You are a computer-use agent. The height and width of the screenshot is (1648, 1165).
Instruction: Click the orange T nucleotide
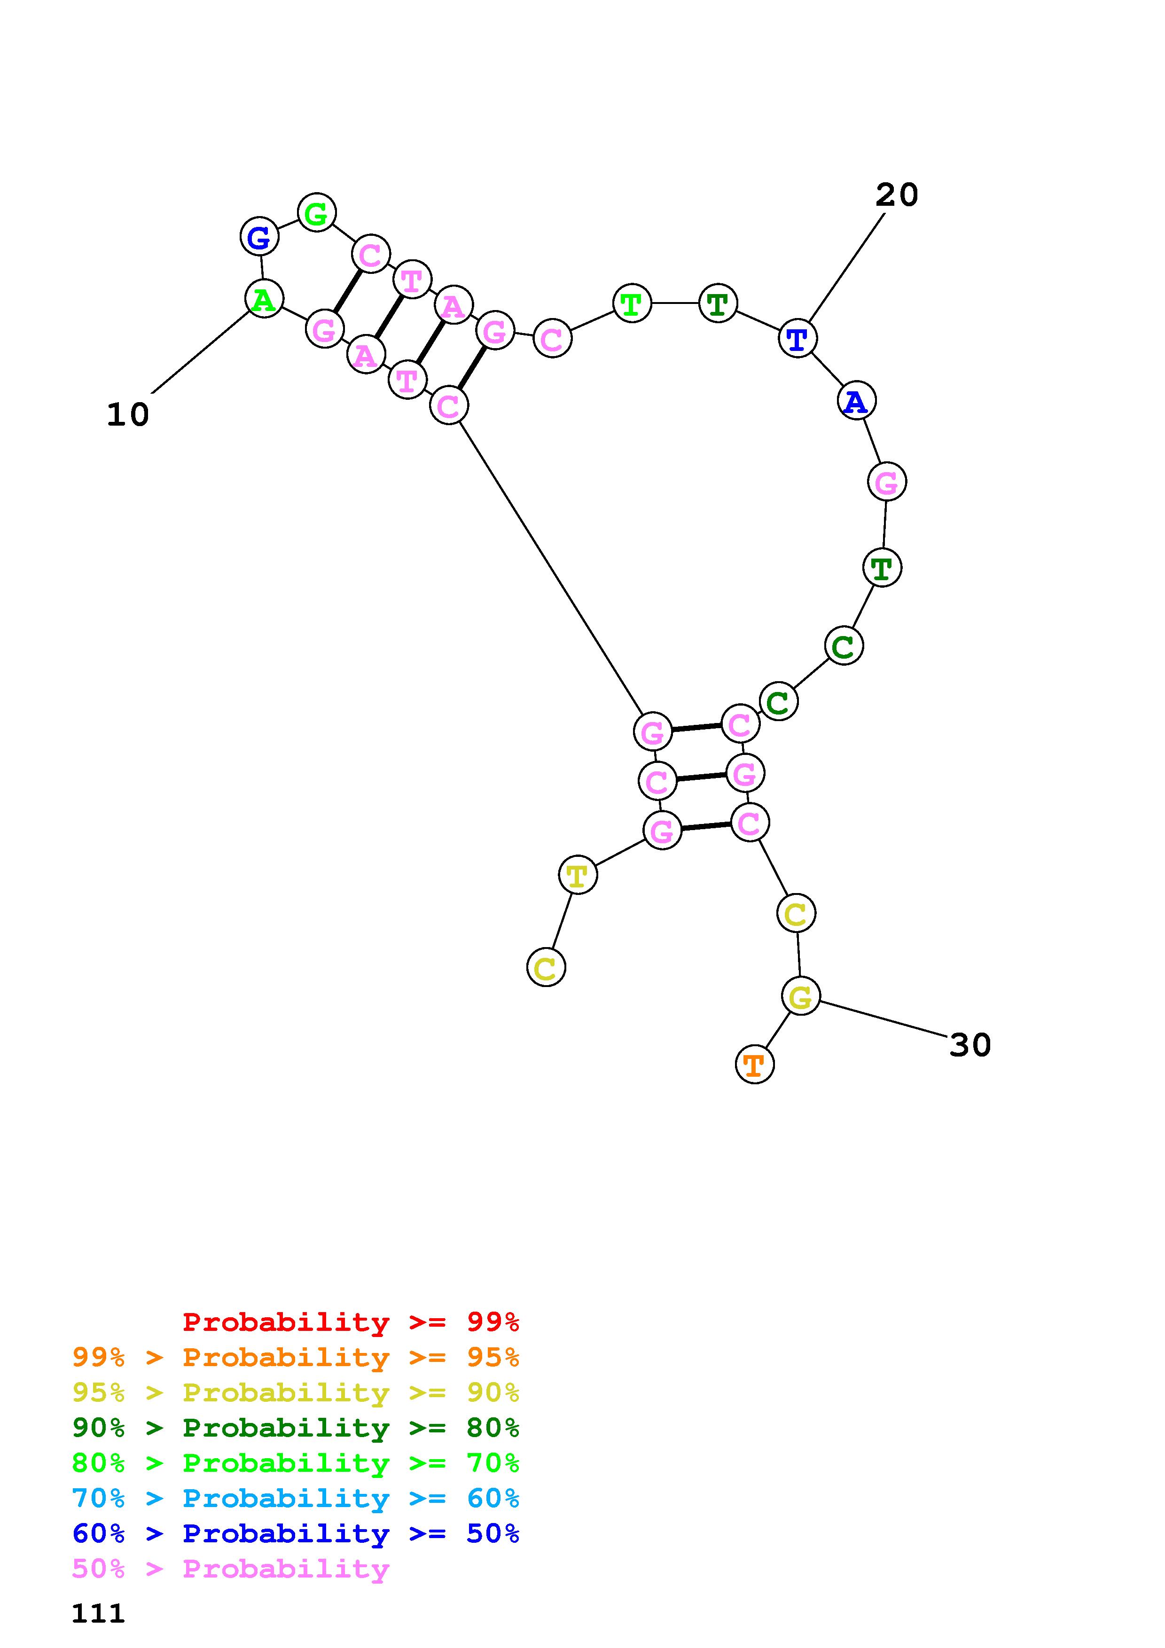(754, 1065)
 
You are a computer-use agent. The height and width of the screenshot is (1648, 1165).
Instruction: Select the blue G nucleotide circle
(259, 236)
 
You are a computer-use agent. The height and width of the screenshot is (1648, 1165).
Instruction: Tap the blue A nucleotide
(856, 401)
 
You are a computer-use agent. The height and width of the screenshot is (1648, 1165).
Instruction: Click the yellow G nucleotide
(800, 995)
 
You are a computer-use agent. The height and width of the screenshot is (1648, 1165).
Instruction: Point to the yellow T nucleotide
(577, 874)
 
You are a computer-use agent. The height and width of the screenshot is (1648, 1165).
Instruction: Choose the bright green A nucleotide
(264, 299)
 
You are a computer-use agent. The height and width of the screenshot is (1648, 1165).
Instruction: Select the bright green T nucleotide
(632, 303)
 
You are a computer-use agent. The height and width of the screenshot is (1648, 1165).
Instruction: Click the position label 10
(128, 415)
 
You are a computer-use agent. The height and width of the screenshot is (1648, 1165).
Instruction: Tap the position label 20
(897, 194)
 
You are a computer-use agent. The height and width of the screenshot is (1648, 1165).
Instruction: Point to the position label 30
(970, 1045)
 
